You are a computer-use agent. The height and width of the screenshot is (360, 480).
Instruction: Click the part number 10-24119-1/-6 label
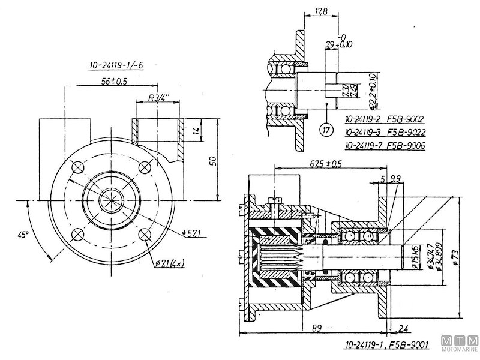click(114, 67)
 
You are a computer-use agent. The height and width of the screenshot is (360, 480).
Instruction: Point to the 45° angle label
click(23, 235)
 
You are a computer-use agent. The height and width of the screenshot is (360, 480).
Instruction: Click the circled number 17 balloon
click(326, 129)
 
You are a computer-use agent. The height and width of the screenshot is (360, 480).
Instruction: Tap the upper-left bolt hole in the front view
click(77, 166)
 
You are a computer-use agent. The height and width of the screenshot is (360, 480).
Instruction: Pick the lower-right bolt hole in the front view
click(146, 235)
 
